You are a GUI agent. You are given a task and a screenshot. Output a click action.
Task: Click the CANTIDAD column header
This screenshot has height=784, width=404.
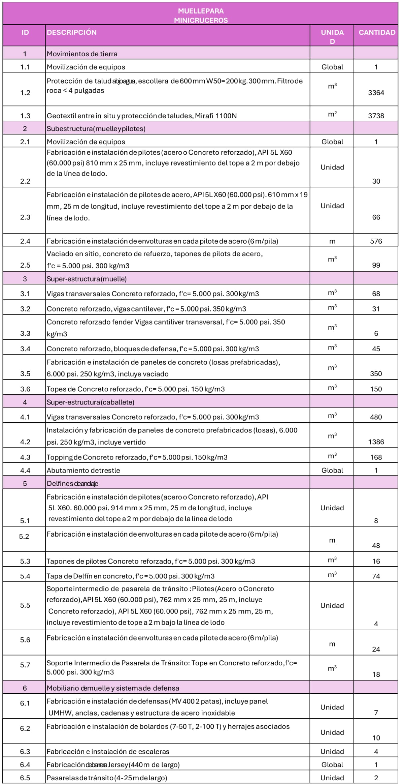pyautogui.click(x=376, y=32)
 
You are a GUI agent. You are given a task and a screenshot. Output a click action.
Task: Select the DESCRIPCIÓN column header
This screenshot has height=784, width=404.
pyautogui.click(x=72, y=32)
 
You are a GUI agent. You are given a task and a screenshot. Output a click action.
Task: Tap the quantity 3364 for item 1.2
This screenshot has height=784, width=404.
pyautogui.click(x=376, y=93)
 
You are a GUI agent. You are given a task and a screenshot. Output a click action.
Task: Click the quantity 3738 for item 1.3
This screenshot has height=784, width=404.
pyautogui.click(x=376, y=116)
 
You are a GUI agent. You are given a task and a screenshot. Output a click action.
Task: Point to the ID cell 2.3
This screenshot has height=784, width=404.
pyautogui.click(x=25, y=217)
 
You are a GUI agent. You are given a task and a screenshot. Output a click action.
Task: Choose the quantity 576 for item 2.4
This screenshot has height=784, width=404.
pyautogui.click(x=376, y=241)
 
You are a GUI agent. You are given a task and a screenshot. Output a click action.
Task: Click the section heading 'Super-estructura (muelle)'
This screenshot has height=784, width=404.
pyautogui.click(x=87, y=279)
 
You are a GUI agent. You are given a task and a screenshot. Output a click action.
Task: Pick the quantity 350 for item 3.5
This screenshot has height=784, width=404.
pyautogui.click(x=376, y=373)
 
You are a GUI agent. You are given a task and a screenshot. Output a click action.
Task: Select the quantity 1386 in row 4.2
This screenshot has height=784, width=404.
pyautogui.click(x=376, y=442)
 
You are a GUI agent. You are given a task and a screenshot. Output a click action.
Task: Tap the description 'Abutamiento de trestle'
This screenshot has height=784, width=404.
pyautogui.click(x=83, y=470)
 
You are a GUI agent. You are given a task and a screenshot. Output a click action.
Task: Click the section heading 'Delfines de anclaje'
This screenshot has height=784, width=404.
pyautogui.click(x=72, y=483)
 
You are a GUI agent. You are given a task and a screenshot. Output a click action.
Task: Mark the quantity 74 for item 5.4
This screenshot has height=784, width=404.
pyautogui.click(x=376, y=576)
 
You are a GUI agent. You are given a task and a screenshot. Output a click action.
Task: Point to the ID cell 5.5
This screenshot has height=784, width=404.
pyautogui.click(x=25, y=605)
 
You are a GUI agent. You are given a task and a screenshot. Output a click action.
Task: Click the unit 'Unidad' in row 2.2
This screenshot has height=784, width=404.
pyautogui.click(x=332, y=167)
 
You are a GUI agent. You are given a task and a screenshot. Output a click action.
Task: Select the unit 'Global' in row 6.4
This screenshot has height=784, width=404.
pyautogui.click(x=332, y=764)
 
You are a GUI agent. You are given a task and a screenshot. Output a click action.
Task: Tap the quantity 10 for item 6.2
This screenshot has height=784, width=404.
pyautogui.click(x=376, y=738)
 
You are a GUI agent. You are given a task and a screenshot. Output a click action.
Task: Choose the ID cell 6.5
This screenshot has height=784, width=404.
pyautogui.click(x=25, y=778)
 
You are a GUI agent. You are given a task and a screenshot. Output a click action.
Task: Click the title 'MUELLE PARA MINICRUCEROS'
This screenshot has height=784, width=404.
pyautogui.click(x=201, y=16)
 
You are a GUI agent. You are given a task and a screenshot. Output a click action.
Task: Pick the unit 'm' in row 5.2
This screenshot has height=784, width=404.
pyautogui.click(x=332, y=540)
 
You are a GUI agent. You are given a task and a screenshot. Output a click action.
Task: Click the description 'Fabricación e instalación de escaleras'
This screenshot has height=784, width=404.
pyautogui.click(x=108, y=751)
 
